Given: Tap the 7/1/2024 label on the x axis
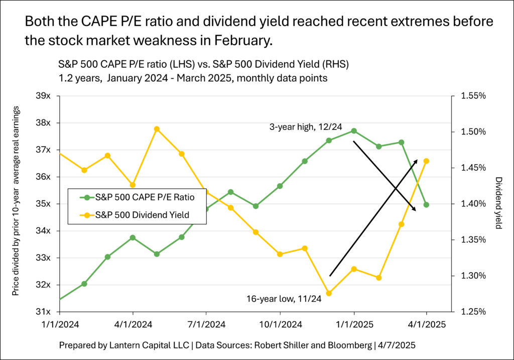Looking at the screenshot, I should click(x=206, y=324).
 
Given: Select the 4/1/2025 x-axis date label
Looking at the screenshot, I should click(x=427, y=324).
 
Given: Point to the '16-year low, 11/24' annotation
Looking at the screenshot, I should click(x=281, y=299).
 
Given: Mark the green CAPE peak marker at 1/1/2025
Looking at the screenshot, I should click(x=354, y=131).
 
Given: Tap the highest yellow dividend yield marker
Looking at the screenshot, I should click(x=157, y=129).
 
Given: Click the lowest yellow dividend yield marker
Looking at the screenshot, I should click(x=329, y=293).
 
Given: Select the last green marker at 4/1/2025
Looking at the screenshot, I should click(x=427, y=204).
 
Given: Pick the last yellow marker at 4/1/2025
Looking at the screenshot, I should click(x=427, y=161).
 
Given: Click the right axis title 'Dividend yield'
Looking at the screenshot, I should click(x=498, y=203).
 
